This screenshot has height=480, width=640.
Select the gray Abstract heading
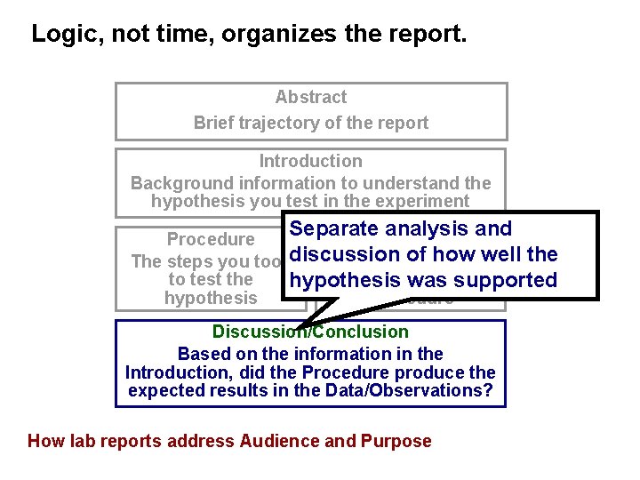(x=310, y=97)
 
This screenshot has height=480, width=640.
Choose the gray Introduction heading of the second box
(x=310, y=161)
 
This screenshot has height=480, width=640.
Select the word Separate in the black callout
(x=334, y=229)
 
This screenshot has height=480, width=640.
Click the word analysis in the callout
(x=423, y=229)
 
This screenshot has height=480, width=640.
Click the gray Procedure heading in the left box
(x=211, y=239)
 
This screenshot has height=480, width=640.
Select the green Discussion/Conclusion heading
(x=310, y=332)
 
